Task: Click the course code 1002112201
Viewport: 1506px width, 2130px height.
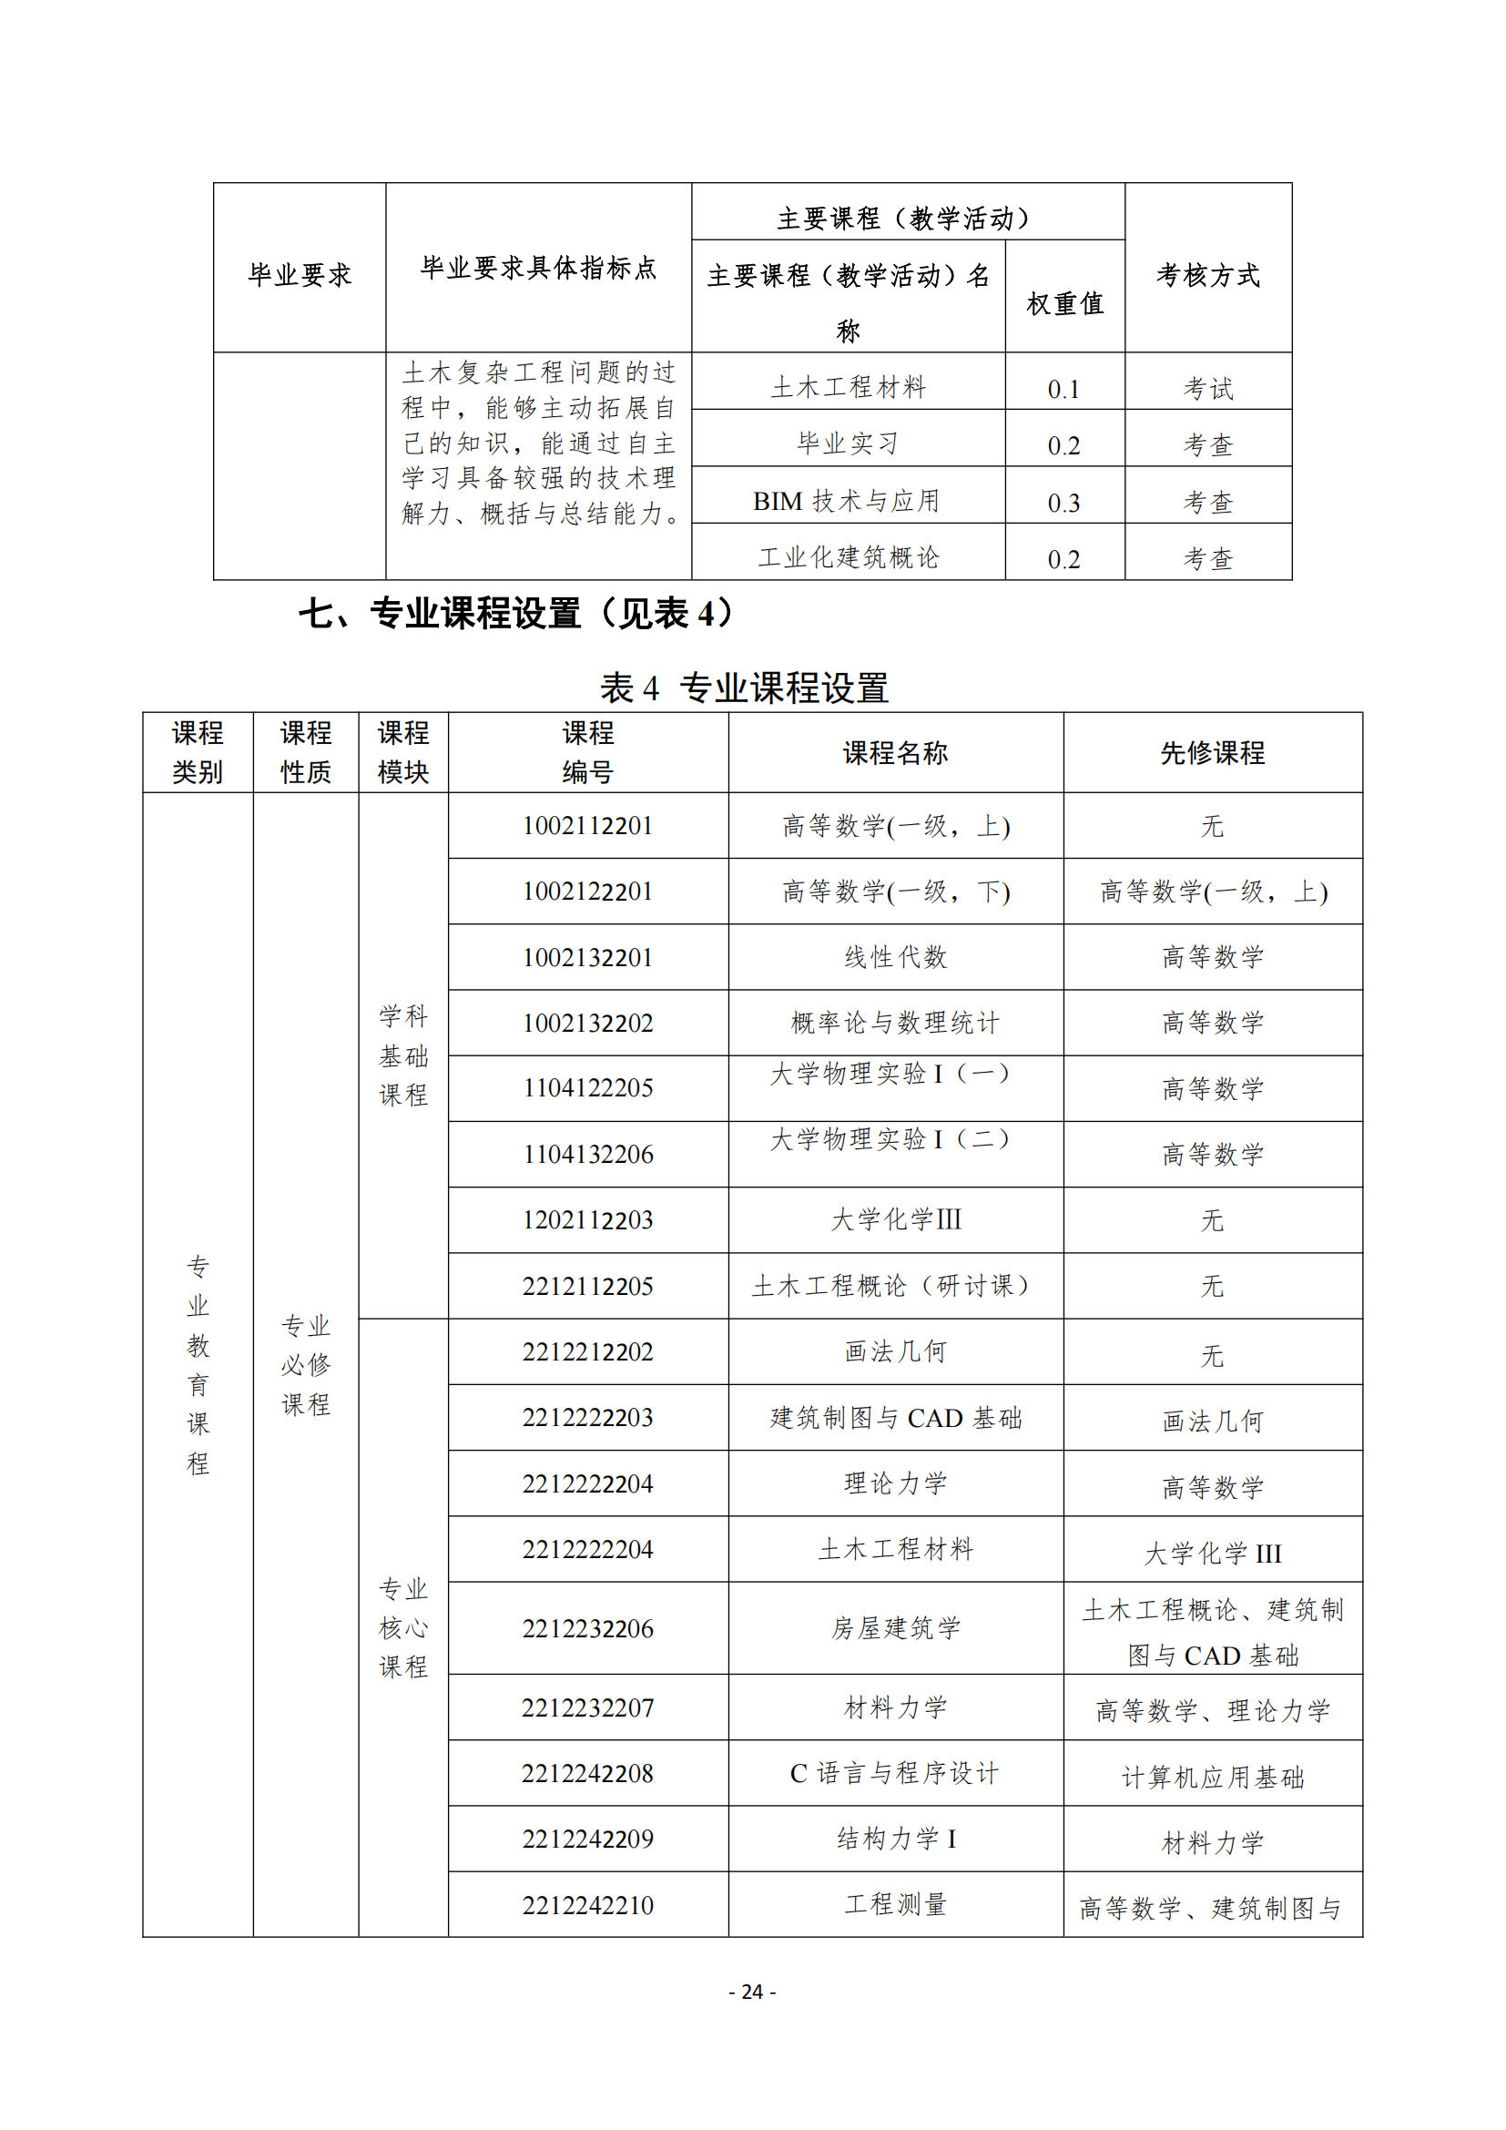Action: pyautogui.click(x=588, y=826)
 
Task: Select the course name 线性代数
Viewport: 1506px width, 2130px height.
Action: pyautogui.click(x=895, y=957)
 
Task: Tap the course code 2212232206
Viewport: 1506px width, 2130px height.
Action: pyautogui.click(x=588, y=1628)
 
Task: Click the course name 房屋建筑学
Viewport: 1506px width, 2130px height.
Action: pyautogui.click(x=895, y=1628)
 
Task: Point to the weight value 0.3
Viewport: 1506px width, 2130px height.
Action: pyautogui.click(x=1063, y=503)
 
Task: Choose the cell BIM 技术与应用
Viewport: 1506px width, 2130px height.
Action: pyautogui.click(x=847, y=501)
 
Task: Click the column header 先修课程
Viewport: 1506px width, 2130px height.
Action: pyautogui.click(x=1212, y=752)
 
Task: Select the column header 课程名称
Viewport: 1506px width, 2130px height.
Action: pyautogui.click(x=895, y=752)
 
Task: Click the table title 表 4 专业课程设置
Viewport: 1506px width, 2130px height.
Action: pyautogui.click(x=744, y=688)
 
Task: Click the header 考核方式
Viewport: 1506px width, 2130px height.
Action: pyautogui.click(x=1207, y=275)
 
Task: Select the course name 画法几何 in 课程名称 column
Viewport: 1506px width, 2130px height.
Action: pyautogui.click(x=895, y=1351)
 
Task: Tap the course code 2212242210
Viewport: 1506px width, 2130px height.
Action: pyautogui.click(x=588, y=1905)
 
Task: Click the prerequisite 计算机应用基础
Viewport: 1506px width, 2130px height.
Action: pyautogui.click(x=1212, y=1778)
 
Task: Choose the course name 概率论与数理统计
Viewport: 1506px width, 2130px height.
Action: pyautogui.click(x=895, y=1023)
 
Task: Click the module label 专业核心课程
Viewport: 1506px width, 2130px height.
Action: pyautogui.click(x=403, y=1628)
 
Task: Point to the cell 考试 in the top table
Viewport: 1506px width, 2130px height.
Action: pyautogui.click(x=1207, y=389)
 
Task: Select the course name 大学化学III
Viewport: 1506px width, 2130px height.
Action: pyautogui.click(x=895, y=1219)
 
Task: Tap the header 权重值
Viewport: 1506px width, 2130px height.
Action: pyautogui.click(x=1064, y=303)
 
